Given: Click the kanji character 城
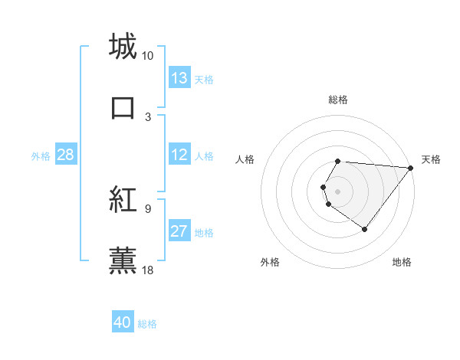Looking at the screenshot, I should (x=123, y=46).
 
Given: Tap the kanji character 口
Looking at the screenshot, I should (x=123, y=107).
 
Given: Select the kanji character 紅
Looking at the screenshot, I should (x=123, y=201).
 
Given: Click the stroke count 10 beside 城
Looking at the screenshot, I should (x=147, y=56).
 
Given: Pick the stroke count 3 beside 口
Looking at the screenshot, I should (x=148, y=117).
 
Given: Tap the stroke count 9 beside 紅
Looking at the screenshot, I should (x=148, y=208).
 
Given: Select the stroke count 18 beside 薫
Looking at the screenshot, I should (x=147, y=270).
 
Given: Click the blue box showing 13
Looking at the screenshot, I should (x=179, y=78).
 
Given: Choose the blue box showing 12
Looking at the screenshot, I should (x=179, y=155).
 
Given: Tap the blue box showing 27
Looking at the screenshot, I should (x=179, y=231).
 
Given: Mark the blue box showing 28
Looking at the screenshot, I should (x=66, y=155).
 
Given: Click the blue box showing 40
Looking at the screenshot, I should (x=123, y=322).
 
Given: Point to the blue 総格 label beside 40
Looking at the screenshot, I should (x=147, y=324).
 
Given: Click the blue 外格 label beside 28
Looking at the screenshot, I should (x=41, y=156).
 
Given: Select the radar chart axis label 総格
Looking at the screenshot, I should (x=338, y=100).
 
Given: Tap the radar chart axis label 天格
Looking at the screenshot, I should (x=432, y=159).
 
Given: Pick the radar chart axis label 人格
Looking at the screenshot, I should (x=245, y=159).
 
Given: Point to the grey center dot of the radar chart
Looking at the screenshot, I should (x=338, y=191).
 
